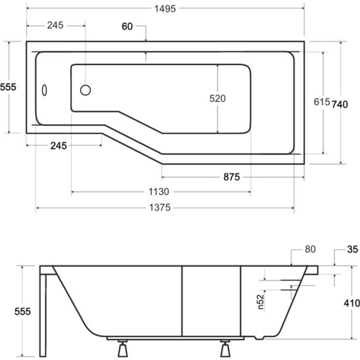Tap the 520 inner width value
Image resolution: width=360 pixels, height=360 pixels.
point(217,99)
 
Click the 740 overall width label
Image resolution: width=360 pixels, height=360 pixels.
point(340,103)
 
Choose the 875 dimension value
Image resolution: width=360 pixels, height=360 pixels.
point(231,177)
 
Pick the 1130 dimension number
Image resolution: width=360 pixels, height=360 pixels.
point(160,192)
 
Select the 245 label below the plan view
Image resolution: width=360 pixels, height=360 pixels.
point(59,146)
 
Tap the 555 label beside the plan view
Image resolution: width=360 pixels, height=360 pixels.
point(8,87)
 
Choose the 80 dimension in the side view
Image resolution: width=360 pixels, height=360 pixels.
point(311,250)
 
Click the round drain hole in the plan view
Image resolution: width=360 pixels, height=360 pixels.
point(85,91)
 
